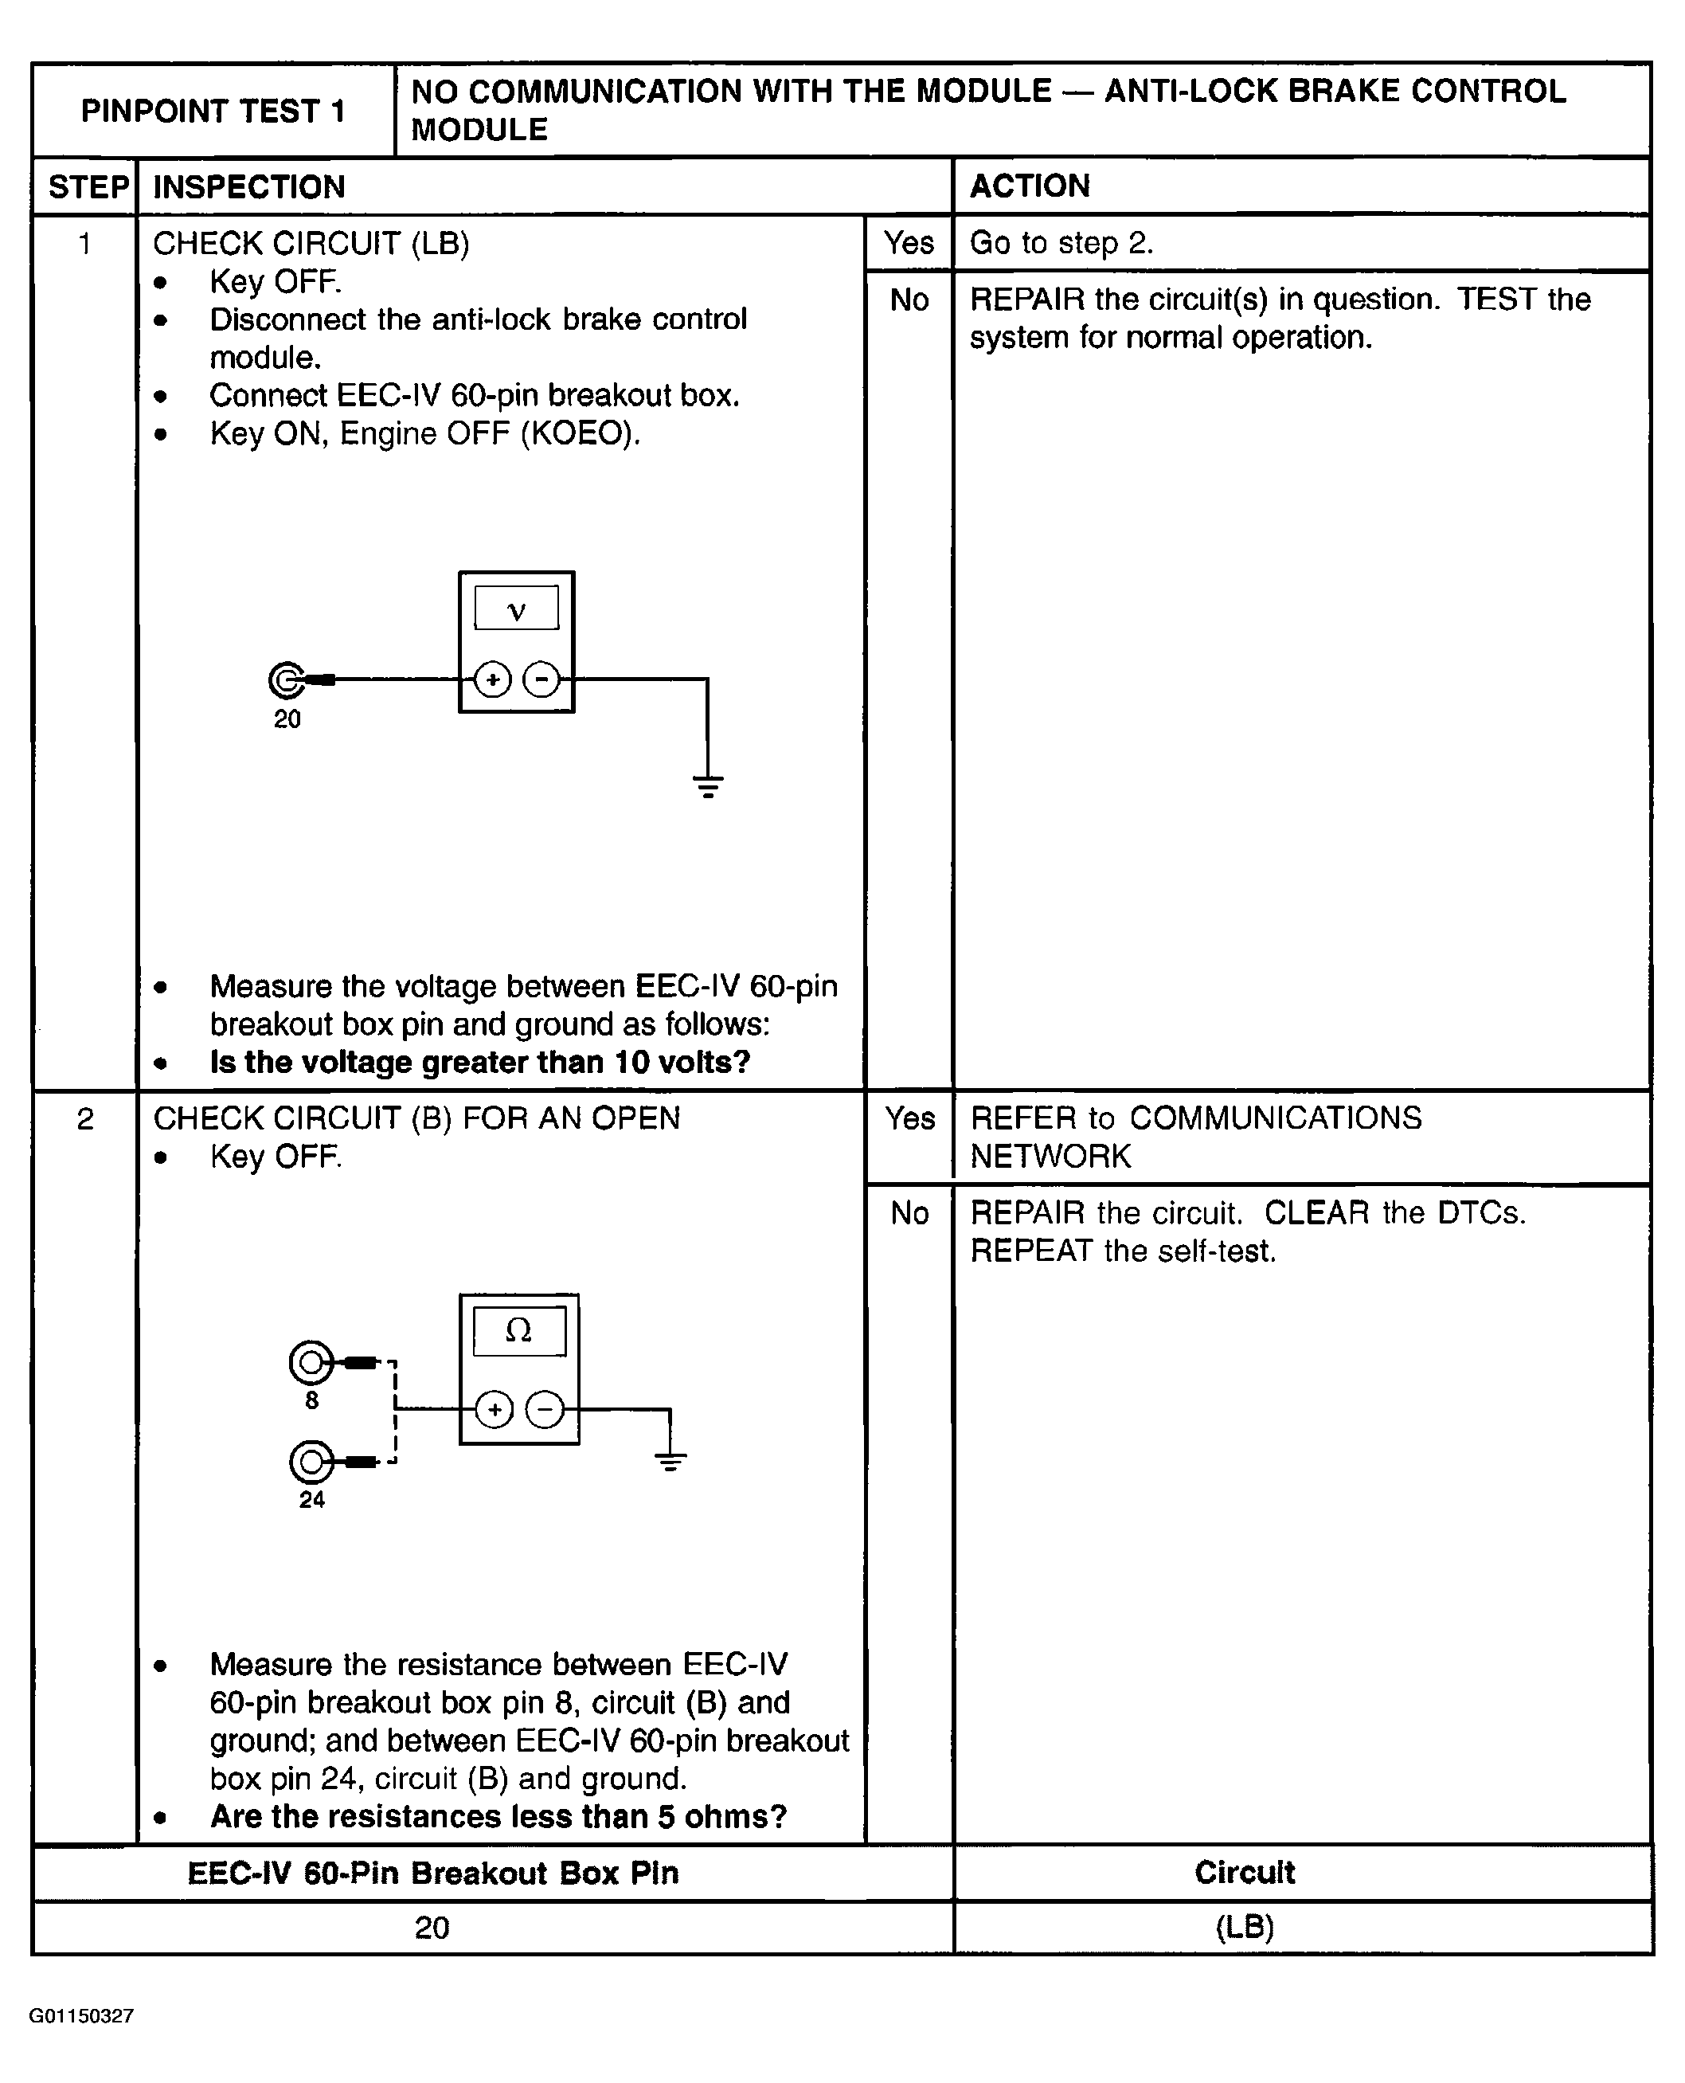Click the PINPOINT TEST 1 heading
point(213,112)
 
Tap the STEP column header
point(88,186)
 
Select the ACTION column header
point(1030,186)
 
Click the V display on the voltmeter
point(516,609)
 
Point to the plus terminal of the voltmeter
point(493,679)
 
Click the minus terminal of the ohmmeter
point(545,1409)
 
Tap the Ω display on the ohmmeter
point(519,1331)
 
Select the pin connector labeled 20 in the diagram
point(287,680)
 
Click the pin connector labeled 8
point(311,1363)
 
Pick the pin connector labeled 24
point(311,1462)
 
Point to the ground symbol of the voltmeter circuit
point(709,785)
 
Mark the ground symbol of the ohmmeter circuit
point(670,1461)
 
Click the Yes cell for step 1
point(909,243)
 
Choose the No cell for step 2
point(909,1213)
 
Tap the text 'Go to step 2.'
point(1061,243)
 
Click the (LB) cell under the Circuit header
point(1245,1927)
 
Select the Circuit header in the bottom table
point(1245,1873)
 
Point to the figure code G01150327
point(81,2016)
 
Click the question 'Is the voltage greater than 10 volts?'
point(480,1062)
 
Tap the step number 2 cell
point(85,1119)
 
